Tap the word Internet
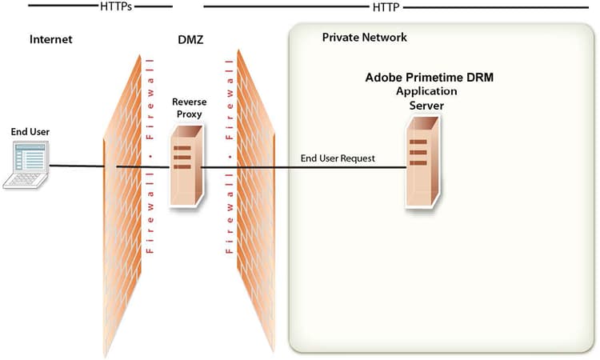51,38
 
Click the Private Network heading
364,38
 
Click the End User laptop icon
26,165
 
